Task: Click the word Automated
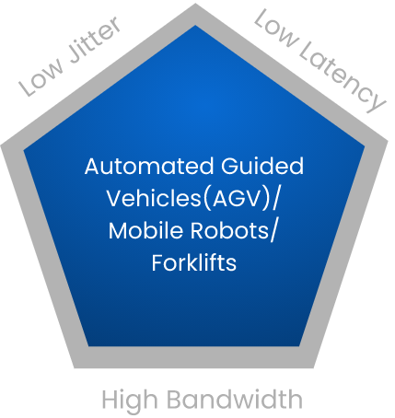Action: (x=149, y=166)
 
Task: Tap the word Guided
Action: (x=262, y=166)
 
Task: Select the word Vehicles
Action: (x=154, y=198)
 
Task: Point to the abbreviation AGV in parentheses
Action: (x=237, y=198)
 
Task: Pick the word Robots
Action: (x=229, y=230)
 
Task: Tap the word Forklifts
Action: (x=194, y=262)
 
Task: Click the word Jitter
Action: (x=94, y=40)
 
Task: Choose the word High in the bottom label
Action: (x=130, y=400)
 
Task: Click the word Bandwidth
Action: (x=235, y=399)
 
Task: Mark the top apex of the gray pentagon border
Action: (x=195, y=4)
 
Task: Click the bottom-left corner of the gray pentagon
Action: (x=75, y=367)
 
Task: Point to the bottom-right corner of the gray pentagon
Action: (x=314, y=367)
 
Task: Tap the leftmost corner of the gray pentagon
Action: (x=1, y=145)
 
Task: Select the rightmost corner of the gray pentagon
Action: (x=388, y=141)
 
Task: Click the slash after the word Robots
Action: (x=273, y=231)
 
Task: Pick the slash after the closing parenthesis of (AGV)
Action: (x=275, y=199)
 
